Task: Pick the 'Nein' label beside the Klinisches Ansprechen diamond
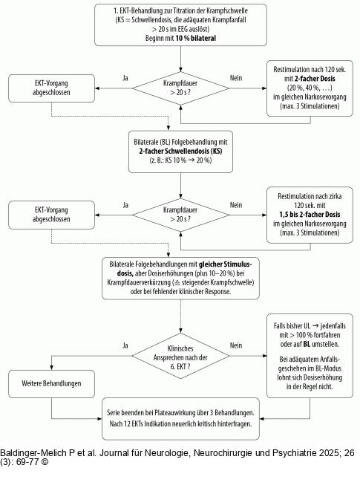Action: point(236,345)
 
